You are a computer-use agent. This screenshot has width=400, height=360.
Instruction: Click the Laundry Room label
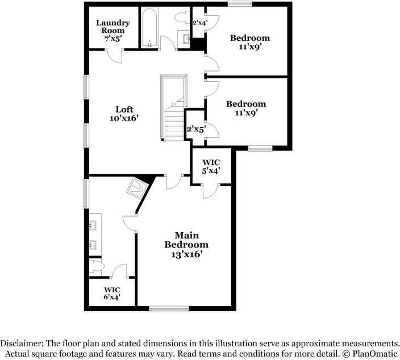click(113, 27)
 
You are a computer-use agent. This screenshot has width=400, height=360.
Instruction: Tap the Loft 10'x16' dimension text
click(124, 118)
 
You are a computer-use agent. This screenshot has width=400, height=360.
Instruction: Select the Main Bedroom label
click(186, 240)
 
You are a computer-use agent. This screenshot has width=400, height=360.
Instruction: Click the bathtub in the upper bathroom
click(149, 28)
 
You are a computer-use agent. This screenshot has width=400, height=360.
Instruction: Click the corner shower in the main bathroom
click(138, 188)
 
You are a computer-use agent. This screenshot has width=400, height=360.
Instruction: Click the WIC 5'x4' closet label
click(211, 166)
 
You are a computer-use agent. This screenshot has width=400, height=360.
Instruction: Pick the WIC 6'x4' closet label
click(112, 293)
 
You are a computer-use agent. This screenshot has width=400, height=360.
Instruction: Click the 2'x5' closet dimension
click(196, 129)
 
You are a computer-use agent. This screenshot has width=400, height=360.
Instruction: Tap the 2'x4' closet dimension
click(200, 23)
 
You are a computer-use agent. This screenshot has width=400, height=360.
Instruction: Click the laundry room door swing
click(114, 56)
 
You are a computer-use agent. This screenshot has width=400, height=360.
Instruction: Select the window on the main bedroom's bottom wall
click(169, 309)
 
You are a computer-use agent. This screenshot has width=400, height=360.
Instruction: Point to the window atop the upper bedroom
click(240, 3)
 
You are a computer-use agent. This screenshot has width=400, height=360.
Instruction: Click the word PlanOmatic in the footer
click(375, 354)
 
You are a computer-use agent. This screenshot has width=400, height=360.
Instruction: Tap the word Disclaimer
click(23, 343)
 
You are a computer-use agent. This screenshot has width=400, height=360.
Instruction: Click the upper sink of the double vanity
click(92, 225)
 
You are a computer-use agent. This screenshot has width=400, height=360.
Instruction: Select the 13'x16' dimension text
click(187, 254)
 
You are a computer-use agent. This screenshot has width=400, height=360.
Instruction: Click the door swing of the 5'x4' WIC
click(211, 191)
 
